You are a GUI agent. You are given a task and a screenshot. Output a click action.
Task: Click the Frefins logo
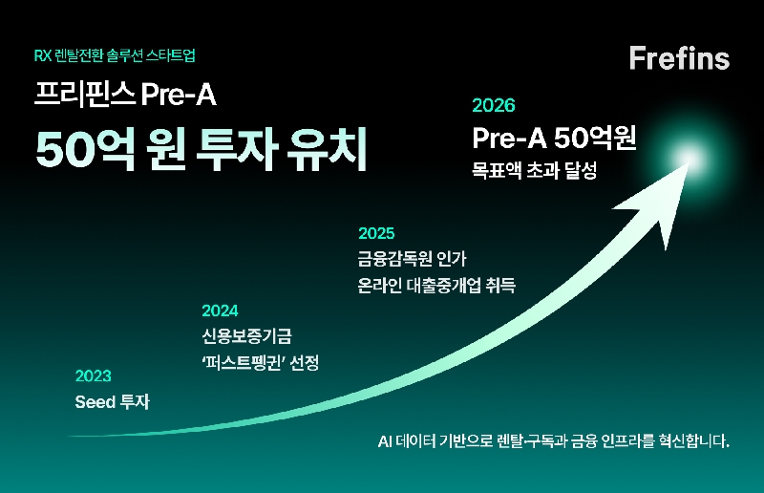[x=679, y=57]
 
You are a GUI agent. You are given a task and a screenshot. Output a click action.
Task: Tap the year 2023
[x=93, y=375]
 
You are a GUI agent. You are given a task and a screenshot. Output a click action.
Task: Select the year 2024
[x=220, y=311]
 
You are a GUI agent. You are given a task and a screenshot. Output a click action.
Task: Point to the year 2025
[x=376, y=232]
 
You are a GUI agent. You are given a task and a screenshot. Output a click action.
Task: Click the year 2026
[x=494, y=106]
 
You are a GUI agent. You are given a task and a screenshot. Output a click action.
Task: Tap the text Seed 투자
[x=112, y=402]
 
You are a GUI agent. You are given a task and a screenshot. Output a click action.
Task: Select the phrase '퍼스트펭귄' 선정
[x=260, y=363]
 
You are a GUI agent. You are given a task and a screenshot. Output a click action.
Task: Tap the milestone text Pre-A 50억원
[x=554, y=139]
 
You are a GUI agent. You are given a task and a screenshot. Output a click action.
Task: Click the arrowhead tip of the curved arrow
[x=674, y=171]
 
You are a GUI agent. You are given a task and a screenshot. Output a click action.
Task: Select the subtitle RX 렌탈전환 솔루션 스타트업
[x=119, y=55]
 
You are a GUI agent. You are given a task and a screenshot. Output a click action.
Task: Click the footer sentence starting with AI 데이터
[x=554, y=442]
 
